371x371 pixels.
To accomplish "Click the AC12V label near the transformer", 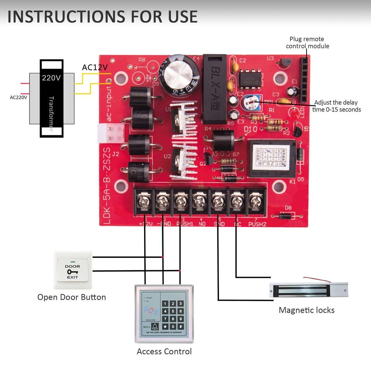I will (95, 67).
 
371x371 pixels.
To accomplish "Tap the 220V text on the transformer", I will (51, 78).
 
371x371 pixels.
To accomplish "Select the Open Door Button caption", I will (71, 297).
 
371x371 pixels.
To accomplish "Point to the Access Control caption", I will (164, 352).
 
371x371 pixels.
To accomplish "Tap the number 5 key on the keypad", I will (173, 311).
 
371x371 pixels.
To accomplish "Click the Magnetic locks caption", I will (306, 310).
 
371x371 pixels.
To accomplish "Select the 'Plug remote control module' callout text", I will (307, 43).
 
